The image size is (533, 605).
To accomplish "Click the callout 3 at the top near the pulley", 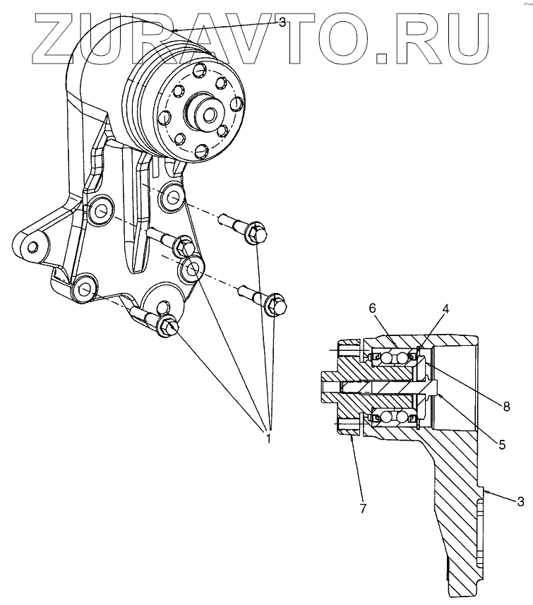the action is point(282,23).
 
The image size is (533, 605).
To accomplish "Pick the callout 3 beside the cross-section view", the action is point(520,501).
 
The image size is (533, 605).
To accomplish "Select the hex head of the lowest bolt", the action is point(169,326).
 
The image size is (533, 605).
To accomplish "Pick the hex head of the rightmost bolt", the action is point(274,302).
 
